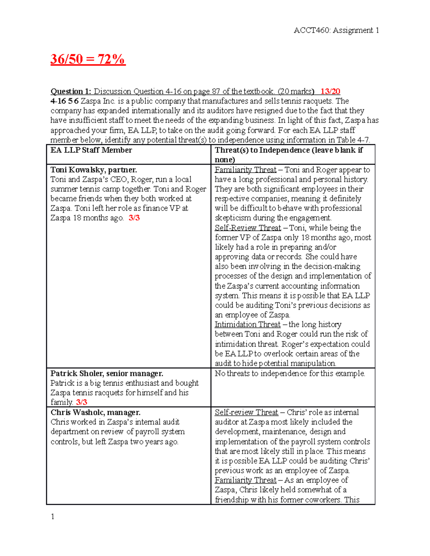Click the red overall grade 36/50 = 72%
tap(88, 59)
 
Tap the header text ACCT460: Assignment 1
tap(336, 30)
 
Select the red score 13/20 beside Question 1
tap(330, 91)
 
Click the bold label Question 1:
tap(71, 91)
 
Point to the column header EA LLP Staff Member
tap(91, 150)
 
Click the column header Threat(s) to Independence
tap(288, 150)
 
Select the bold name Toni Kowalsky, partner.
tap(94, 170)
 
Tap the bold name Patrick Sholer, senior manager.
tap(107, 373)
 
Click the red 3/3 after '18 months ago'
tap(134, 218)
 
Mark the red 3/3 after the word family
tap(81, 402)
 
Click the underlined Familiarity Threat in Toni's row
tap(245, 170)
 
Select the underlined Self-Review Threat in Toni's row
tap(248, 228)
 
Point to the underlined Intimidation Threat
tap(247, 324)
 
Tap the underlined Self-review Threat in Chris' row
tap(246, 412)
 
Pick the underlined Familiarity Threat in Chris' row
tap(245, 480)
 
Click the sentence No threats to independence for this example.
tap(290, 373)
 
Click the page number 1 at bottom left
tap(53, 516)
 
